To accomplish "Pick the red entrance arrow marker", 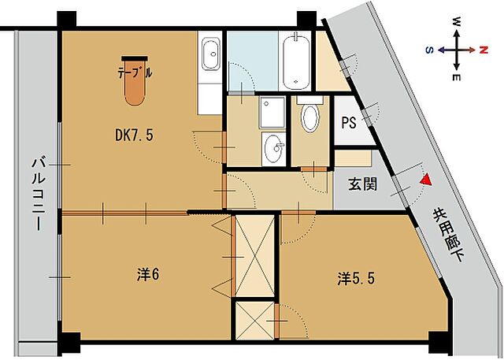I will click(x=425, y=180).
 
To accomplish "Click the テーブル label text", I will click(x=135, y=72).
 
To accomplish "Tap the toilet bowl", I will click(x=310, y=118).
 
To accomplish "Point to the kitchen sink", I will click(x=211, y=55).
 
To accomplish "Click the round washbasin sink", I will click(x=274, y=146).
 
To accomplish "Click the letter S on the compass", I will click(x=430, y=49).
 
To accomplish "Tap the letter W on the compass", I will click(x=456, y=23).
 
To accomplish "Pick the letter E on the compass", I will click(x=456, y=76).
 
